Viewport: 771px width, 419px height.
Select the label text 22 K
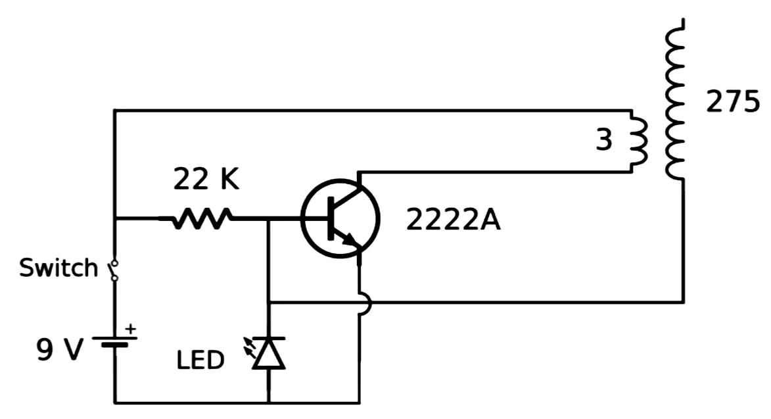point(206,179)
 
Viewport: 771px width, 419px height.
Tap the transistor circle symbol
point(340,219)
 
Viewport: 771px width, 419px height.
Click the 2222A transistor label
point(453,220)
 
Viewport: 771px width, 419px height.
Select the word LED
point(200,360)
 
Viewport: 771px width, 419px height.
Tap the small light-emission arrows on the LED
point(251,349)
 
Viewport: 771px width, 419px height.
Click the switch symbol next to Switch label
point(114,269)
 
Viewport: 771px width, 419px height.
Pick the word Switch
point(58,268)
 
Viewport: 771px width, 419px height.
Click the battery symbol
point(114,343)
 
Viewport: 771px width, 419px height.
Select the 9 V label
point(60,351)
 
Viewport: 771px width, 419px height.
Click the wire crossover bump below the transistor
point(365,303)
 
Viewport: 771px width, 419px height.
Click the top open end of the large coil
point(683,22)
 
